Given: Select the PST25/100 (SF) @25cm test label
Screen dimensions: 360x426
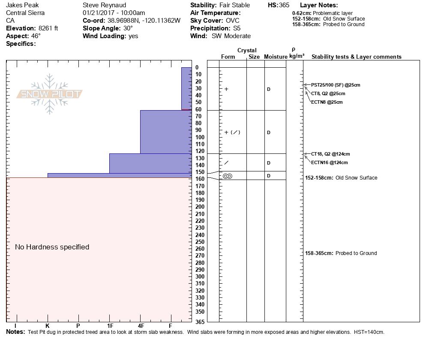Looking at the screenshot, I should pyautogui.click(x=336, y=85).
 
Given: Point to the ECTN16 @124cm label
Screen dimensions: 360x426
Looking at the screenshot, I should pyautogui.click(x=329, y=162).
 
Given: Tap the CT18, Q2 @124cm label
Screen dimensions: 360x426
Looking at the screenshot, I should pyautogui.click(x=330, y=154).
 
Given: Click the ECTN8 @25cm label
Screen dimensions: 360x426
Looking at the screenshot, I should pyautogui.click(x=327, y=102).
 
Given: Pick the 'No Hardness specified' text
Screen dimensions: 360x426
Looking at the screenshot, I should pyautogui.click(x=52, y=247).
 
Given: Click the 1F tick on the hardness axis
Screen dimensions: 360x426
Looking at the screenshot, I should pyautogui.click(x=110, y=326).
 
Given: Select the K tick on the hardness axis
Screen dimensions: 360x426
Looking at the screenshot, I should pyautogui.click(x=48, y=326).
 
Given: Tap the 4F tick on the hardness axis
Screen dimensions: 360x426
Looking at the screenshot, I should pyautogui.click(x=141, y=326).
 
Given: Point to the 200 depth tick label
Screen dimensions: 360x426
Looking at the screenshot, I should pyautogui.click(x=200, y=207).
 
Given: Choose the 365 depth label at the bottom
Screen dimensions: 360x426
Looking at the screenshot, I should pyautogui.click(x=200, y=321).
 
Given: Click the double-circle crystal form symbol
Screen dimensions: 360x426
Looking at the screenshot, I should pyautogui.click(x=228, y=176).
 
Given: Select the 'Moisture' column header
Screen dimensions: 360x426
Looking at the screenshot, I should pyautogui.click(x=276, y=57).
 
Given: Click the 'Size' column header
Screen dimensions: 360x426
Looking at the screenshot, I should pyautogui.click(x=254, y=57).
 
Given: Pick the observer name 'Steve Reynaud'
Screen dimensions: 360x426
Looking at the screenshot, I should pyautogui.click(x=105, y=5).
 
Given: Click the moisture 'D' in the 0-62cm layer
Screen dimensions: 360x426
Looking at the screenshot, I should pyautogui.click(x=269, y=89).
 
